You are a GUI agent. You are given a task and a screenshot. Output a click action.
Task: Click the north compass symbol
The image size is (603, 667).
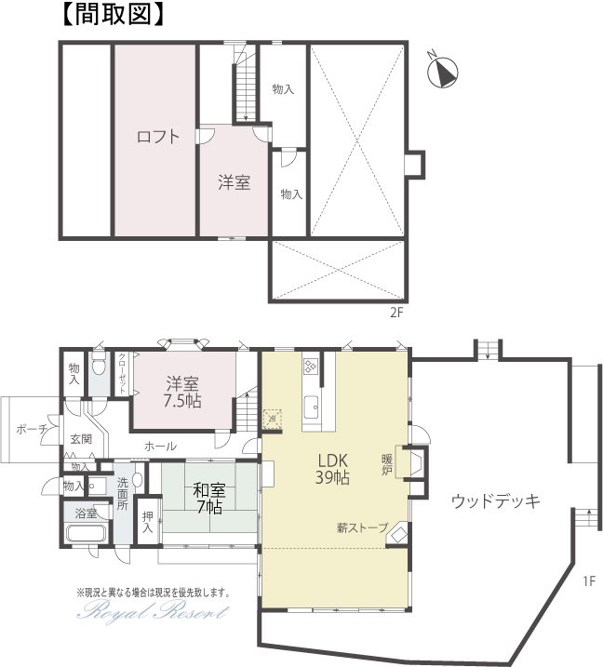[x=442, y=71]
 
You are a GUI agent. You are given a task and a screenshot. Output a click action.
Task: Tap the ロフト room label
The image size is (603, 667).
[x=158, y=137]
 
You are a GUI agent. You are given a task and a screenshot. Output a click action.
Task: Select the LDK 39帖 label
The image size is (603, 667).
[x=332, y=469]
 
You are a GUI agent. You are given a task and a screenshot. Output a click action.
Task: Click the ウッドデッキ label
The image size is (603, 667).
[x=495, y=501]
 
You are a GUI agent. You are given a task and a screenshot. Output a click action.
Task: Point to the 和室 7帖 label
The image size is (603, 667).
[x=209, y=499]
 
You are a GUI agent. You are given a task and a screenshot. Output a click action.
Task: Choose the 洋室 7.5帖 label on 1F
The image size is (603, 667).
[x=182, y=393]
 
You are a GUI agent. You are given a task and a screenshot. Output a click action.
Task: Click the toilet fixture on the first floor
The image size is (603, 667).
[x=99, y=364]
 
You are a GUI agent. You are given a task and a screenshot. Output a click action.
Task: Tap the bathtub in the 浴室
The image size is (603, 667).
[x=87, y=534]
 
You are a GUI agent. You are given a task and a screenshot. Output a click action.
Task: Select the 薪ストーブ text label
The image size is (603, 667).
[x=363, y=527]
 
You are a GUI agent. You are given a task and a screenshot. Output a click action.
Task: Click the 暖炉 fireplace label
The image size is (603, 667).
[x=386, y=465]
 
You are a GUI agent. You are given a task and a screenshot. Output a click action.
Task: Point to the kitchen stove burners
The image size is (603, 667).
[x=310, y=367]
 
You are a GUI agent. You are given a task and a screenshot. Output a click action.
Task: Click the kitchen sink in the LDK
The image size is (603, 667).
[x=311, y=407]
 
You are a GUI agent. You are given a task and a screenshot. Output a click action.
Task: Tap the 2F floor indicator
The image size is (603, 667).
[x=396, y=313]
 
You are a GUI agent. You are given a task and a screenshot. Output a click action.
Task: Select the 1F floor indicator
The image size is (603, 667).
[x=589, y=580]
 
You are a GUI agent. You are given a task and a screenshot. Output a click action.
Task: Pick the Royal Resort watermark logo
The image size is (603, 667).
[x=154, y=612]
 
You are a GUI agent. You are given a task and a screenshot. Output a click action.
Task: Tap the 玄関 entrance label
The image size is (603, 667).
[x=81, y=438]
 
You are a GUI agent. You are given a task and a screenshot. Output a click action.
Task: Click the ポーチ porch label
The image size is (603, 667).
[x=32, y=429]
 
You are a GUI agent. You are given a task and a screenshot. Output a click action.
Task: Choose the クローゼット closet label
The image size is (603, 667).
[x=122, y=374]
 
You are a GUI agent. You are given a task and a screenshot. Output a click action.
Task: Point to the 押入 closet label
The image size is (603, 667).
[x=148, y=523]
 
